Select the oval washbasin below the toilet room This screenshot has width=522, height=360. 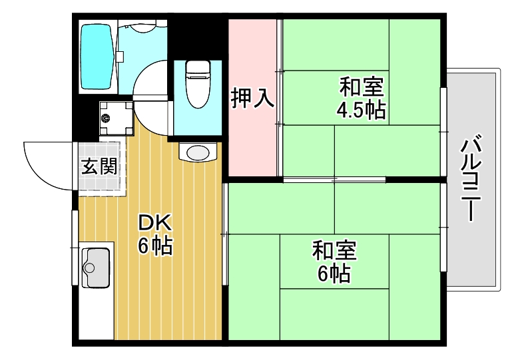198,152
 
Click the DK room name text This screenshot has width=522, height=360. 154,222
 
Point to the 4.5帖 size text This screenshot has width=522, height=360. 361,110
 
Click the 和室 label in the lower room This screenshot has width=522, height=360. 334,252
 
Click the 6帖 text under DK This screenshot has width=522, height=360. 155,246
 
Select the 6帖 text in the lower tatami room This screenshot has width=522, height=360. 334,273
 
